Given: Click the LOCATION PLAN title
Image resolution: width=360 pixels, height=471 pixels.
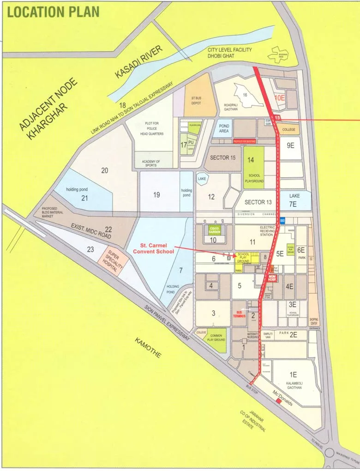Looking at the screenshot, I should click(x=54, y=12).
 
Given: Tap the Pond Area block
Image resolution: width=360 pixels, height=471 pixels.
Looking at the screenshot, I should click(x=224, y=128).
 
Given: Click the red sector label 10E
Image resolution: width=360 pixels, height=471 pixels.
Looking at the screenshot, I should click(x=280, y=98).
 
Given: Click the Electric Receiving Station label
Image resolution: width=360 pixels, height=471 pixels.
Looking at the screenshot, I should click(x=267, y=231).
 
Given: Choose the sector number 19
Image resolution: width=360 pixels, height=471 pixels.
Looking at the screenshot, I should click(x=156, y=195).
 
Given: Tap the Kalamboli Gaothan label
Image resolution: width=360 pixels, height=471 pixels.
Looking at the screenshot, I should click(x=293, y=385).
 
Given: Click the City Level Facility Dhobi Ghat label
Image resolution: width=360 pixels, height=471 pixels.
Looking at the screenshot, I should click(x=228, y=53).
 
